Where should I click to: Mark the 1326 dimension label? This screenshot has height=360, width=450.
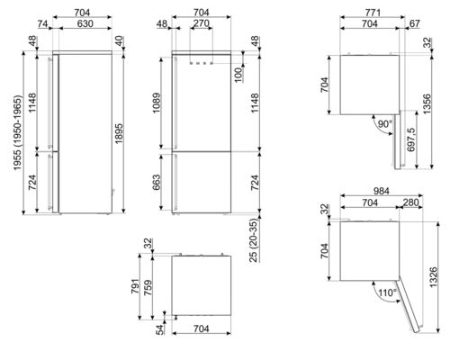pos(437,276)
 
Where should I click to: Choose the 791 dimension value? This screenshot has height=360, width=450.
pos(136,283)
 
